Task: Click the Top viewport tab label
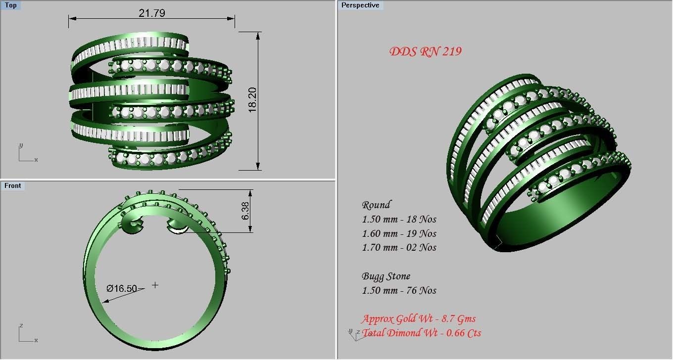click(11, 5)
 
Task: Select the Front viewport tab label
click(13, 185)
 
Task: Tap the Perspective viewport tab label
click(360, 5)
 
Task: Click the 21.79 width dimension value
click(151, 13)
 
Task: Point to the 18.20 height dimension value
click(253, 100)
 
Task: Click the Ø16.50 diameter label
click(122, 288)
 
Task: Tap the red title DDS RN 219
click(425, 51)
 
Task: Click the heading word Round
click(376, 205)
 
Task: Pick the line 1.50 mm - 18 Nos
click(399, 219)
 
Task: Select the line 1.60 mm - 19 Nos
click(399, 233)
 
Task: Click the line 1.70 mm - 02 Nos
click(399, 247)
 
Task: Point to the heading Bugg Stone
click(386, 276)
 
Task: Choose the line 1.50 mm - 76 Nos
click(399, 290)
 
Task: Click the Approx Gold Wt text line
click(418, 319)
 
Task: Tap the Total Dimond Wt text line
click(422, 333)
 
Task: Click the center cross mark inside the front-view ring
click(155, 285)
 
